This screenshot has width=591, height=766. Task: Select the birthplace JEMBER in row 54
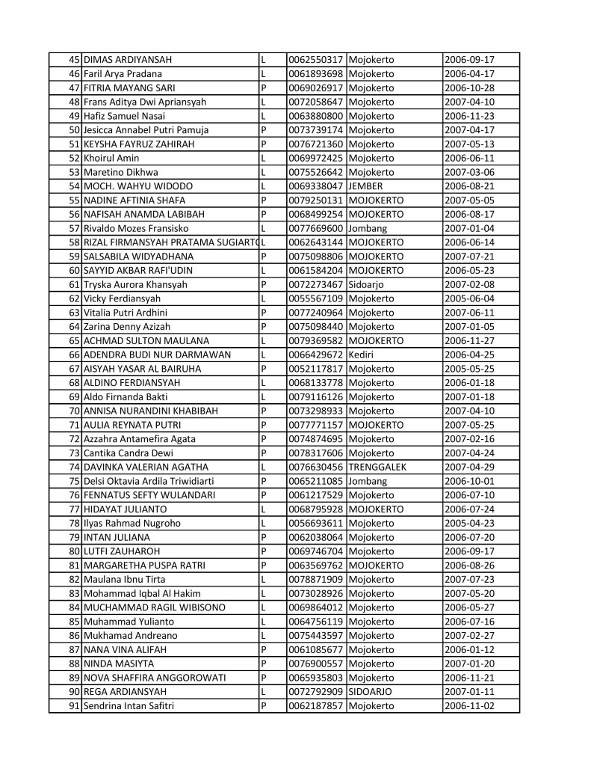pyautogui.click(x=365, y=186)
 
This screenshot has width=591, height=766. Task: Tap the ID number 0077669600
pyautogui.click(x=315, y=228)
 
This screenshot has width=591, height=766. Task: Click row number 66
pyautogui.click(x=74, y=355)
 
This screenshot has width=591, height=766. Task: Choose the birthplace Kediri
pyautogui.click(x=361, y=355)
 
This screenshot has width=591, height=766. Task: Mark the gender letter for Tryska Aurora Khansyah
pyautogui.click(x=264, y=284)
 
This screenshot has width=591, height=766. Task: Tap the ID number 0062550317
pyautogui.click(x=315, y=60)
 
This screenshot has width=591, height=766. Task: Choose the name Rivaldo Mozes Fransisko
pyautogui.click(x=136, y=228)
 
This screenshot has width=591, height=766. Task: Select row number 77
pyautogui.click(x=74, y=509)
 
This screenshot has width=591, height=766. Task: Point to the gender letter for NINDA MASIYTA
pyautogui.click(x=264, y=664)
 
